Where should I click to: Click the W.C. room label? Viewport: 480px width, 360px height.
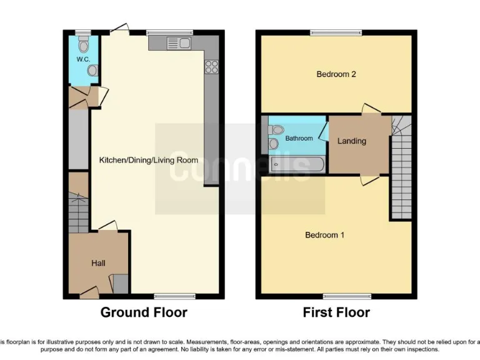[x=83, y=59]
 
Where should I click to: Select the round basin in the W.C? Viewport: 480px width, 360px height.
[x=92, y=71]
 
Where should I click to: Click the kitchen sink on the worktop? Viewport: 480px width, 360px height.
[x=179, y=42]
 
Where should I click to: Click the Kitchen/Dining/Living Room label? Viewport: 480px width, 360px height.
[x=149, y=160]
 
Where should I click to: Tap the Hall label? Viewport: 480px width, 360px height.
[x=98, y=263]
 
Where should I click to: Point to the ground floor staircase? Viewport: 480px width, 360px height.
[x=79, y=212]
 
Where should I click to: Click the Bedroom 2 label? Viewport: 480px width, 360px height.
[x=336, y=74]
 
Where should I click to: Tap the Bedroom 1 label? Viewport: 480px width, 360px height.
[x=324, y=235]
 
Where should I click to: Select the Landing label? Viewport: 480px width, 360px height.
[x=352, y=141]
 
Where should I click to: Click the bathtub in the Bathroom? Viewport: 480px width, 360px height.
[x=296, y=165]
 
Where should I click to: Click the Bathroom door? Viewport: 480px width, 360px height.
[x=324, y=132]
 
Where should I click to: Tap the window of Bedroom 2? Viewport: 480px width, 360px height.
[x=336, y=32]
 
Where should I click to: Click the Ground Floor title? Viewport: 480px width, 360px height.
[x=144, y=312]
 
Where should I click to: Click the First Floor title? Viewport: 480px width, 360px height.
[x=336, y=312]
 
